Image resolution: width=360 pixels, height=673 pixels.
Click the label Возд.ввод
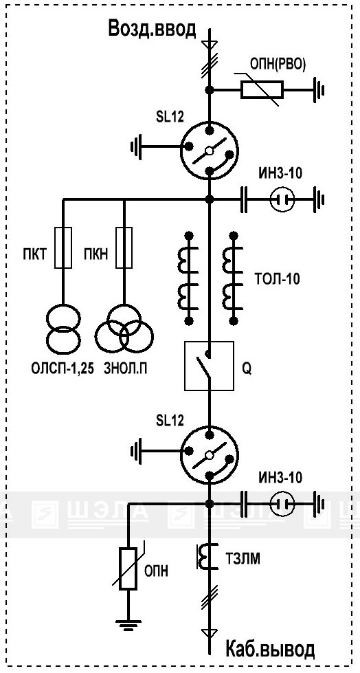153,30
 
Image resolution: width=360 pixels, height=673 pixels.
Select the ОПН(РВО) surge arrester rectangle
261,90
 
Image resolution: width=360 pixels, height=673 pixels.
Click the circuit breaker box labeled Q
209,366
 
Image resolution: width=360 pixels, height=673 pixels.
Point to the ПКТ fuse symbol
63,247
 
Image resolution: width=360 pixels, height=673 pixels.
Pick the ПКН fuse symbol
124,247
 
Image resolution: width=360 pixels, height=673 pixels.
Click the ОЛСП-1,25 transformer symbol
63,327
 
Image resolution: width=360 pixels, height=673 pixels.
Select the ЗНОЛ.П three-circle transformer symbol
124,329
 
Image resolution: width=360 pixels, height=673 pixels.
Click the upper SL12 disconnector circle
209,151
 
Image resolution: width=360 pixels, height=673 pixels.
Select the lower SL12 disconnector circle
209,454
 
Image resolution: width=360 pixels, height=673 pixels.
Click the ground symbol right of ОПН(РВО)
319,90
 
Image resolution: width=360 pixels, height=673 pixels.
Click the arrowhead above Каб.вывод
210,632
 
